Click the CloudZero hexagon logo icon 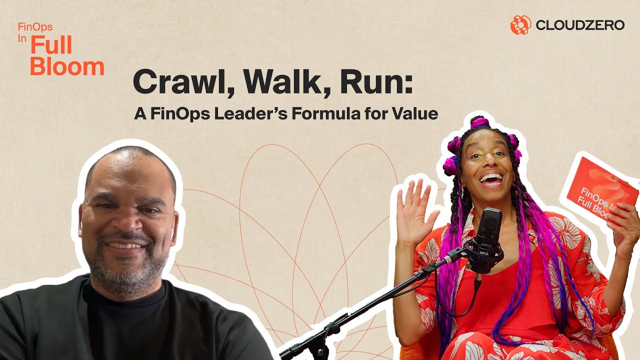[x=520, y=24]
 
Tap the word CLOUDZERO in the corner [x=580, y=25]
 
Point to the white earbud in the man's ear [x=171, y=233]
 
